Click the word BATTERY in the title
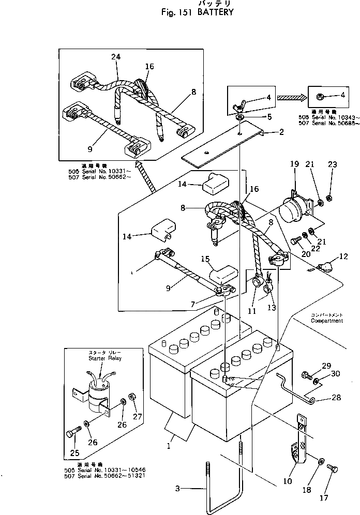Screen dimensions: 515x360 pos(215,11)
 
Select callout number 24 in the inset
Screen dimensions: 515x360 pos(115,57)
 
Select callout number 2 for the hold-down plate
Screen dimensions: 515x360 pos(281,132)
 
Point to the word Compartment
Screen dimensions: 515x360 pos(327,321)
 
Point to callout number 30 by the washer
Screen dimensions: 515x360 pos(335,374)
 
